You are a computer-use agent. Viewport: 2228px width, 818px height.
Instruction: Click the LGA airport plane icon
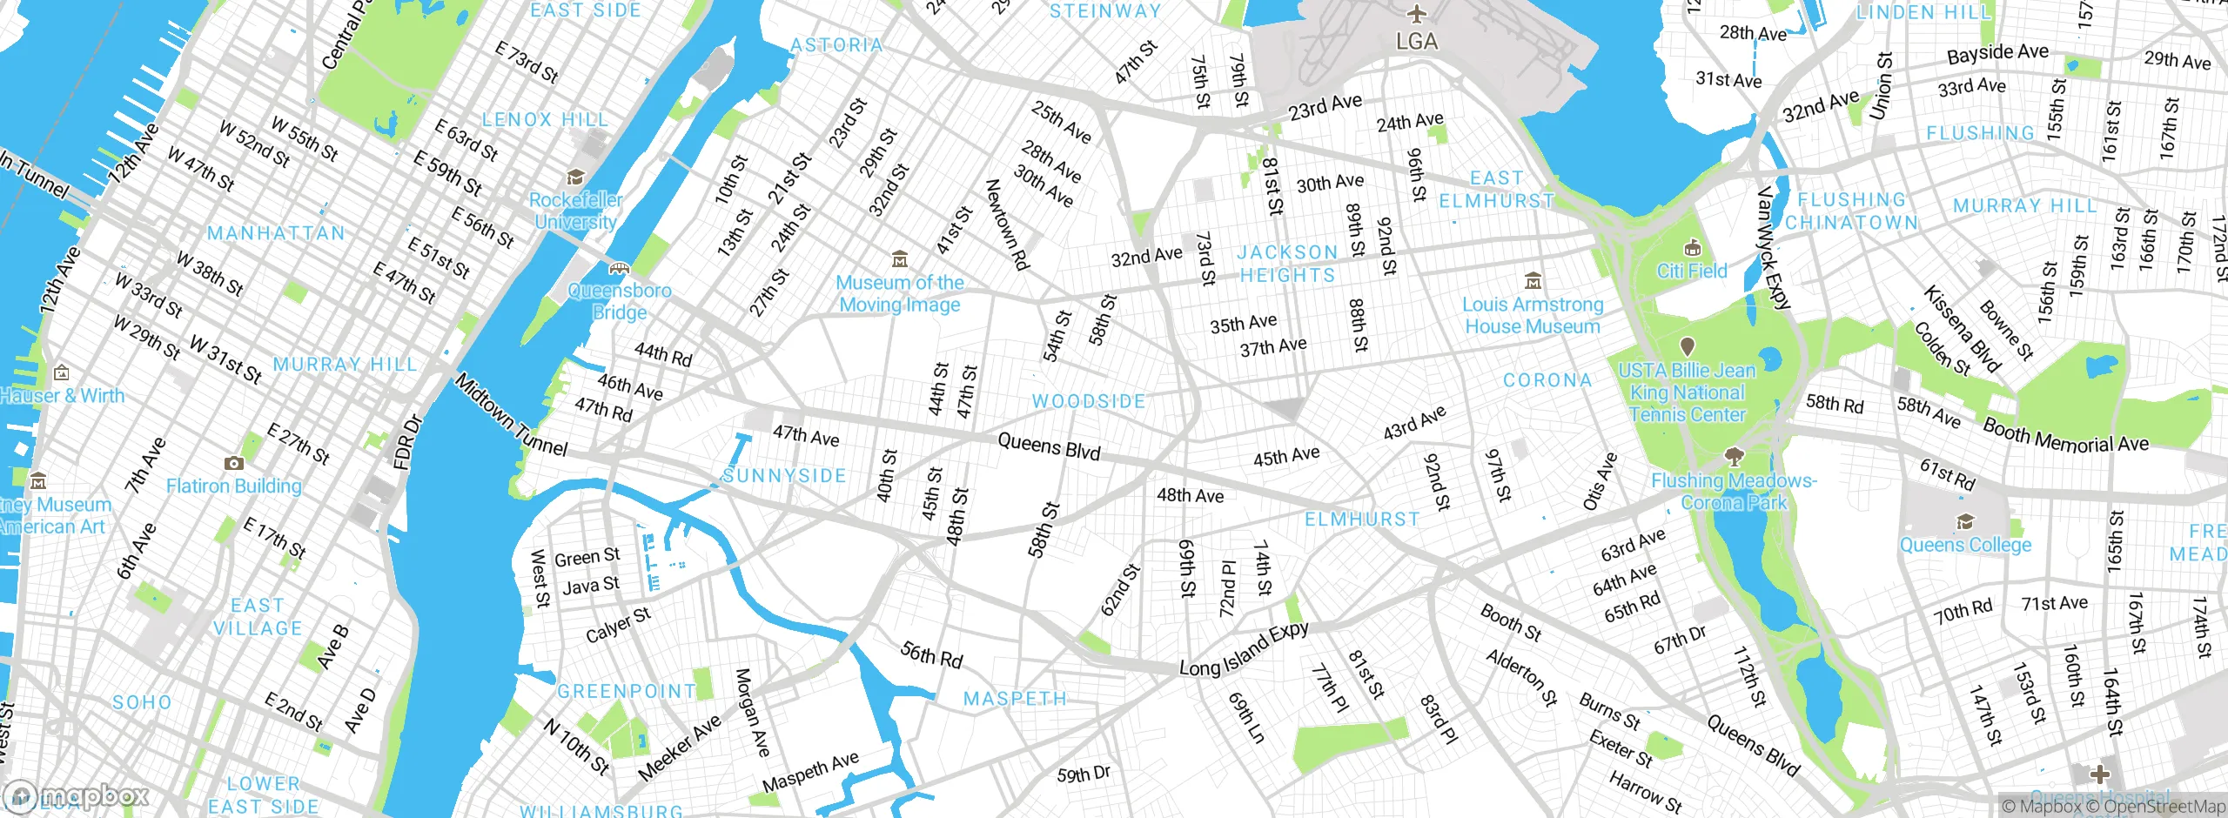pos(1417,14)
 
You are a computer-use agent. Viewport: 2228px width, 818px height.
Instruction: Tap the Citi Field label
pos(1691,272)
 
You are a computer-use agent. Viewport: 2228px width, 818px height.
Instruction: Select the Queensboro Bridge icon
pos(619,268)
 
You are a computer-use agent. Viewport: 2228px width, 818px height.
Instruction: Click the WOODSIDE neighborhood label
pos(1088,401)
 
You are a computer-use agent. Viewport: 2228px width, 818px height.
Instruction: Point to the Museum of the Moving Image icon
pos(900,259)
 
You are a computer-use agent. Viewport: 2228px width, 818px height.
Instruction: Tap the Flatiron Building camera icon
pos(233,463)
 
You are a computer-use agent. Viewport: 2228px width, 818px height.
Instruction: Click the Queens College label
pos(1965,546)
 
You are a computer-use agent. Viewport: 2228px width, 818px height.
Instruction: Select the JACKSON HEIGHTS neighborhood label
pos(1287,264)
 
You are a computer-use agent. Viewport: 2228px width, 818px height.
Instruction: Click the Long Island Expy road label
pos(1244,649)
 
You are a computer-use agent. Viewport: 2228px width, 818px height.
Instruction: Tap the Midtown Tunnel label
pos(511,415)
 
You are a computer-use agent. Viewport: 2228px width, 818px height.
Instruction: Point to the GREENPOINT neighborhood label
pos(627,691)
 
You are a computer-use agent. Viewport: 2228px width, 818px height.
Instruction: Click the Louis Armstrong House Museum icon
pos(1533,281)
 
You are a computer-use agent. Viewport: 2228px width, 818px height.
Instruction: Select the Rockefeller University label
pos(575,211)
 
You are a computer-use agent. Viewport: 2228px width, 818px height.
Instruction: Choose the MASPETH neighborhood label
pos(1015,699)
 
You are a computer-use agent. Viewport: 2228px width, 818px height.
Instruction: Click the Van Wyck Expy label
pos(1774,249)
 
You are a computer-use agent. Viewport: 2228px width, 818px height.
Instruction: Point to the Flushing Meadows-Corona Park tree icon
pos(1734,456)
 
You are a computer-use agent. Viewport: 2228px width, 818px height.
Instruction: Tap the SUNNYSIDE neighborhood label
pos(784,475)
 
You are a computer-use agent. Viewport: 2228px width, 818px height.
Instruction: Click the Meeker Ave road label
pos(680,748)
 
